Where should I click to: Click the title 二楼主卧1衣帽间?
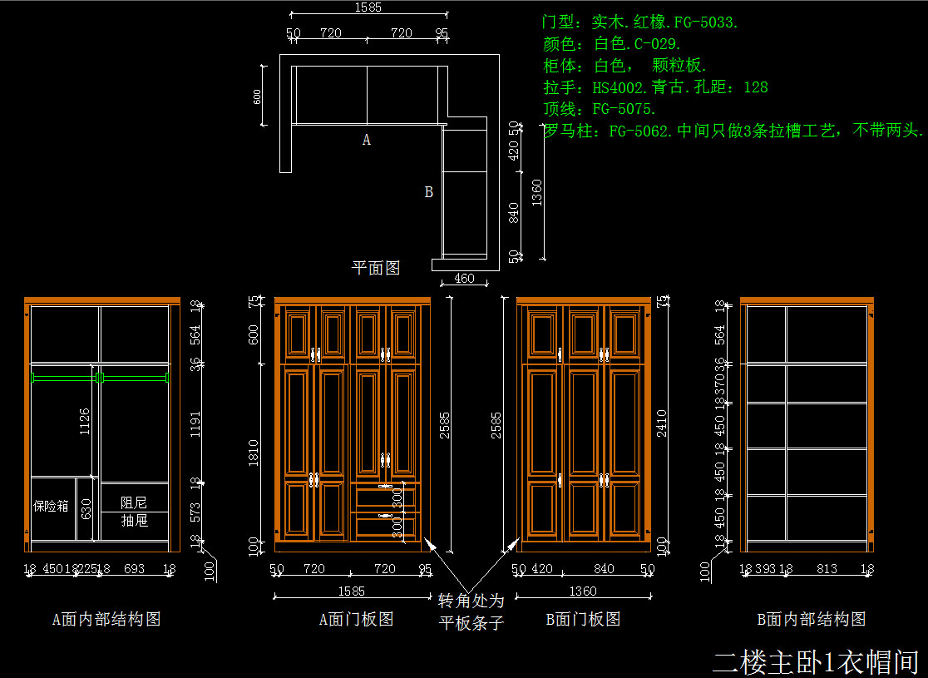[x=815, y=661]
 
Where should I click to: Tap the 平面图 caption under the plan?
[x=376, y=268]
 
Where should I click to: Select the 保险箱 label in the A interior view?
[x=51, y=506]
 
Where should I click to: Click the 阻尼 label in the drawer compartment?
[x=134, y=502]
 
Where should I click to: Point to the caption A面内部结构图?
[x=106, y=619]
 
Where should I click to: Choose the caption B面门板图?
[x=583, y=619]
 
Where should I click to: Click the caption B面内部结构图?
[x=812, y=619]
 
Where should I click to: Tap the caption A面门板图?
[x=356, y=619]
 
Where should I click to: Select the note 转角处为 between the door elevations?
[x=471, y=601]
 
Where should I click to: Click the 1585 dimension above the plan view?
[x=368, y=7]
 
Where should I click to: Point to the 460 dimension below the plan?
[x=465, y=279]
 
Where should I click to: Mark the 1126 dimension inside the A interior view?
[x=85, y=422]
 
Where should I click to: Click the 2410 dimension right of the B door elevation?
[x=663, y=422]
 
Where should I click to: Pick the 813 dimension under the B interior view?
[x=827, y=570]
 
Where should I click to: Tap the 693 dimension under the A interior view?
[x=134, y=570]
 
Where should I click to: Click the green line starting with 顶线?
[x=600, y=109]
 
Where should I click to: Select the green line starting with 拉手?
[x=655, y=87]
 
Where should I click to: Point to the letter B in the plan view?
[x=429, y=192]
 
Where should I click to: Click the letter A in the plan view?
[x=367, y=141]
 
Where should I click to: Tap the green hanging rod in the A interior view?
[x=100, y=378]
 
